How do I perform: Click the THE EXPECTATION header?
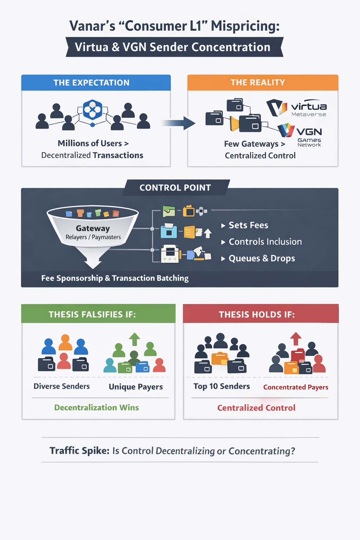coord(91,83)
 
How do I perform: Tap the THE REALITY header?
coord(258,82)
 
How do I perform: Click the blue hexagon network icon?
coord(92,110)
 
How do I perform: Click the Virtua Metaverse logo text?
coord(309,109)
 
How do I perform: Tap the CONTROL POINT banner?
coord(175,188)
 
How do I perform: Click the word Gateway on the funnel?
coord(93,229)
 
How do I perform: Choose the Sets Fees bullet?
coord(248,225)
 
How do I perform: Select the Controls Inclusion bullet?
coord(265,242)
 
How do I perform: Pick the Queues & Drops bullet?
coord(262,258)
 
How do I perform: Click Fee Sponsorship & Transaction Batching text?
coord(115,278)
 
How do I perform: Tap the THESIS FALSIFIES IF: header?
coord(92,314)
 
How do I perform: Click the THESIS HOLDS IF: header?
coord(257,314)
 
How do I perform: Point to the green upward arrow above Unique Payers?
coord(134,339)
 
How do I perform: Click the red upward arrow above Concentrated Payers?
coord(296,339)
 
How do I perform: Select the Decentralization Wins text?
coord(96,407)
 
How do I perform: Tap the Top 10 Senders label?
coord(221,386)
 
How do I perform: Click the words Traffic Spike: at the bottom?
coord(79,451)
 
